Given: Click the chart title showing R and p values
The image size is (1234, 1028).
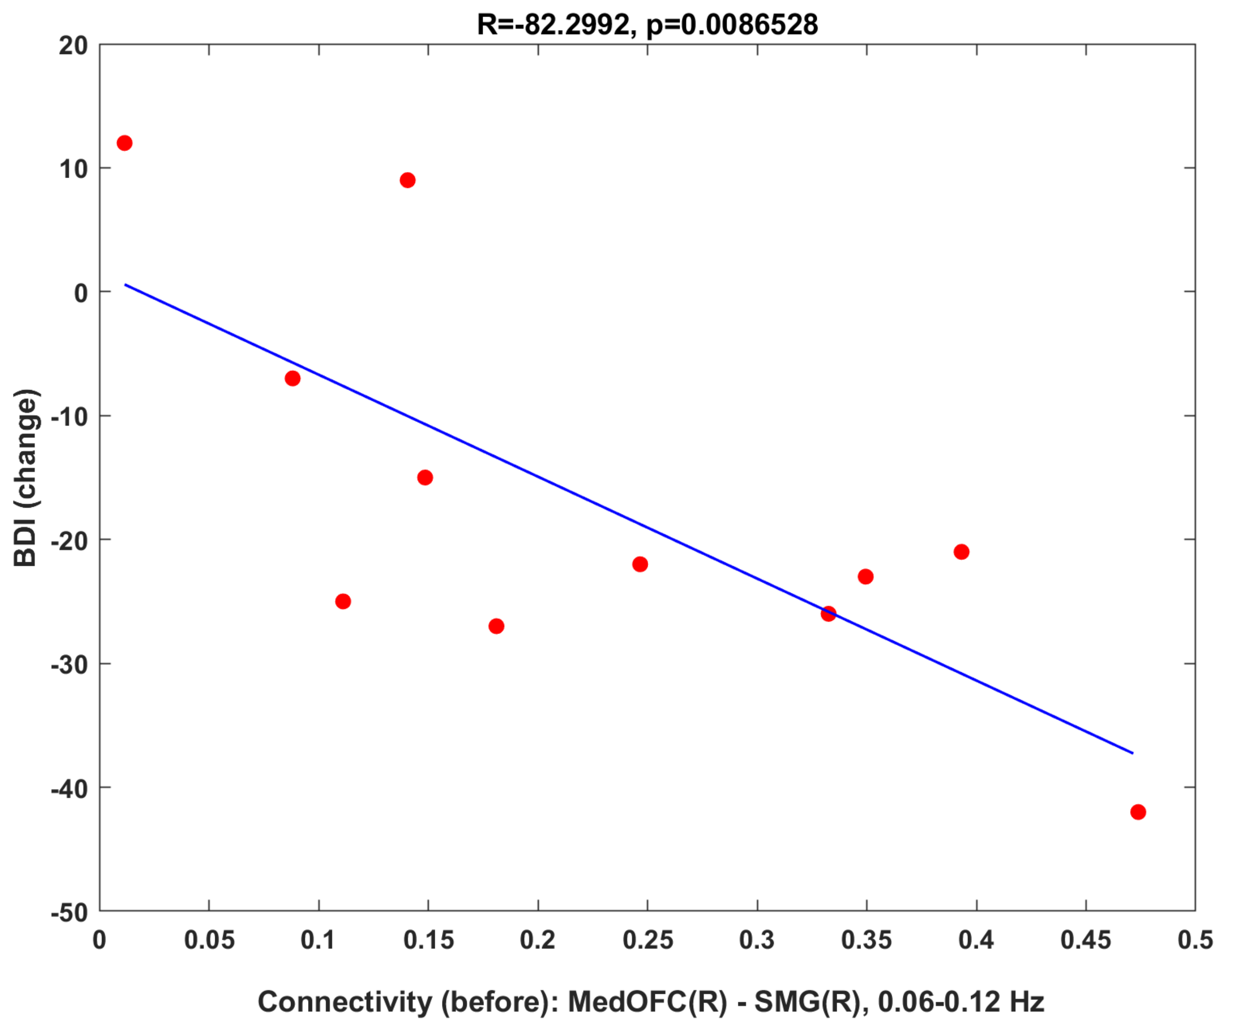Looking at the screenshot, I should [x=647, y=25].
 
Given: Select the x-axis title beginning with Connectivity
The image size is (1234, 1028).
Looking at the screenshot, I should [x=650, y=1001].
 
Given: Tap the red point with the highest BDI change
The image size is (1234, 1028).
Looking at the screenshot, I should [x=124, y=143].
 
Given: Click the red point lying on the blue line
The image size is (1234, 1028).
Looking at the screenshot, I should [x=828, y=614].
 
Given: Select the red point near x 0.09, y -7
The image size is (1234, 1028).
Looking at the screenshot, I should [x=293, y=378].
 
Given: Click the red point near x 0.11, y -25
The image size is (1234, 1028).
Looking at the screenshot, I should [x=343, y=601].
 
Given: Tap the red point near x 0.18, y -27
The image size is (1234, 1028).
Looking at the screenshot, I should [x=496, y=626].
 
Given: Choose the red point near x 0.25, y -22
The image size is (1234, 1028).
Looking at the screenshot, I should [x=640, y=564].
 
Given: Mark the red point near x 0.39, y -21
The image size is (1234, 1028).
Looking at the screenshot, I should [x=961, y=551].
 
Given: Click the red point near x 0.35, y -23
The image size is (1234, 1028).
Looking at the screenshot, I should [x=866, y=576].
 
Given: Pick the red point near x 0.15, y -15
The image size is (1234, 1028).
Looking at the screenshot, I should [x=425, y=477].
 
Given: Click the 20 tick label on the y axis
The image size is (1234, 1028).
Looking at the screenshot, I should [x=74, y=46].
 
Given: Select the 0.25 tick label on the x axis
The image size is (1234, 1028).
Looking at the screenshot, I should [x=648, y=941].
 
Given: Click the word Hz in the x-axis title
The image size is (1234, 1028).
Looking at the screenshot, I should [x=1026, y=1001].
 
